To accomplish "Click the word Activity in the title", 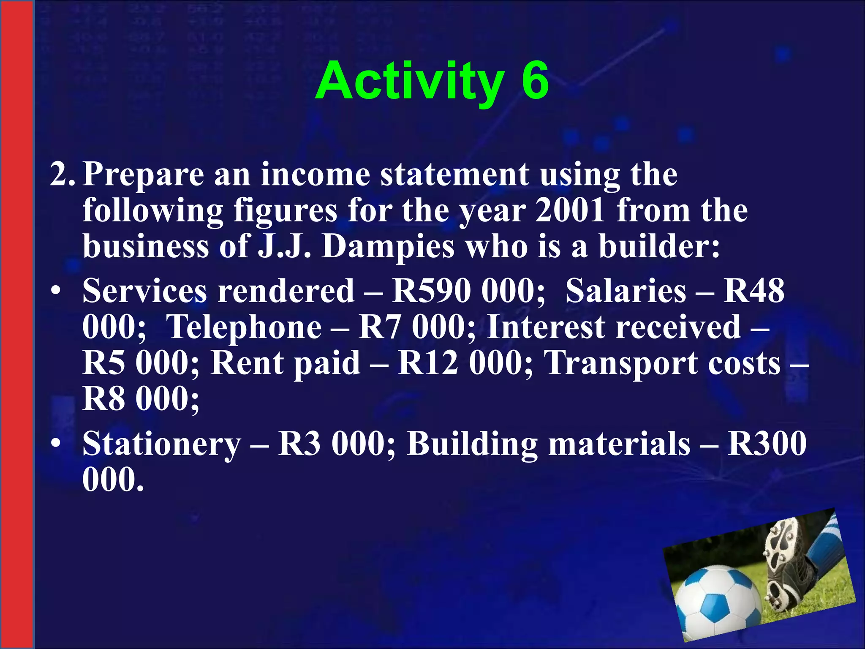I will coord(409,82).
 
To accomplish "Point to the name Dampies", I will coord(388,246).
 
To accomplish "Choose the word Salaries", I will coord(626,291).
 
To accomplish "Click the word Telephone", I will coord(244,327).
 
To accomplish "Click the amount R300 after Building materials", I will coord(767,444).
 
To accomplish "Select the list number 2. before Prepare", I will coord(63,175).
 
